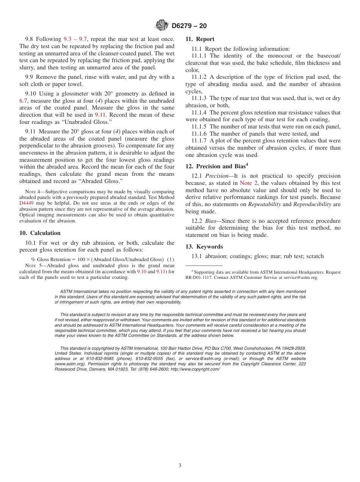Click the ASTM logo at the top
tap(162, 25)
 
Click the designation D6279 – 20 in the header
tap(189, 26)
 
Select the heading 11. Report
tap(200, 39)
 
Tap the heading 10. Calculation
tap(40, 233)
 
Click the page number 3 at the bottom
tap(180, 466)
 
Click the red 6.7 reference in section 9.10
tap(23, 101)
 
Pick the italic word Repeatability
tap(265, 204)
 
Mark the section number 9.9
tap(30, 77)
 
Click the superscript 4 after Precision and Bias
tap(247, 164)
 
